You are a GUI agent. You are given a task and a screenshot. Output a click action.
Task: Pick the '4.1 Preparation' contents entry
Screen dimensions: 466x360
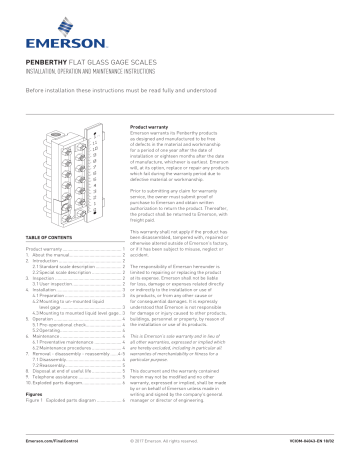(x=58, y=296)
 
